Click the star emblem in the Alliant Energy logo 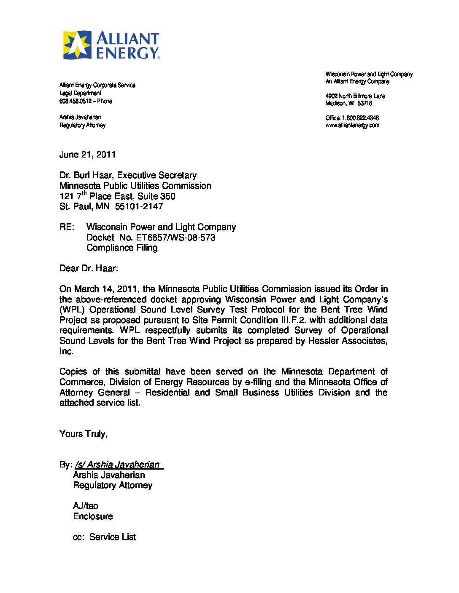click(x=77, y=45)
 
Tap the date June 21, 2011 click(x=87, y=155)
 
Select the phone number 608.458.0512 click(x=76, y=101)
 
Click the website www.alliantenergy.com click(x=352, y=125)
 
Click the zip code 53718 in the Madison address click(x=365, y=103)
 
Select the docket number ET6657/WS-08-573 click(x=175, y=238)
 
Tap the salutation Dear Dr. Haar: click(x=89, y=268)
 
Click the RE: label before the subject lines click(x=67, y=227)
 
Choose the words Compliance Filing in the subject click(x=122, y=248)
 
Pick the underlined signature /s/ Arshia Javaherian click(x=119, y=465)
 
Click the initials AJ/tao click(x=86, y=506)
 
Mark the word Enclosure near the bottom click(x=93, y=516)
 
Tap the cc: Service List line click(x=104, y=537)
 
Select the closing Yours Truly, click(x=84, y=434)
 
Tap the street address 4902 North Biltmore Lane click(x=355, y=96)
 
